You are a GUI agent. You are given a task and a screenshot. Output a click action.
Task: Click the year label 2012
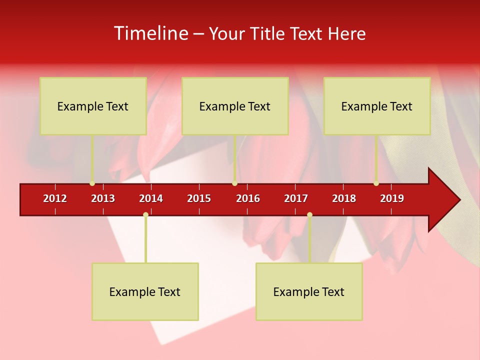[x=55, y=198]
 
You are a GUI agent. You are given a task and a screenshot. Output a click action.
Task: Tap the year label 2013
[x=103, y=198]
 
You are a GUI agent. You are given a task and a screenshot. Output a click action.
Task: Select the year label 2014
[x=151, y=198]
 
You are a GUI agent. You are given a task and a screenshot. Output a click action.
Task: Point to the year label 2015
[x=199, y=198]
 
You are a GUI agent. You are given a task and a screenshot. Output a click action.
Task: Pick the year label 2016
[x=248, y=198]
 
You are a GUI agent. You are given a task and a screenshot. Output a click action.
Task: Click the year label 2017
[x=296, y=198]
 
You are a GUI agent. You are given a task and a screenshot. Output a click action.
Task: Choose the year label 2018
[x=344, y=198]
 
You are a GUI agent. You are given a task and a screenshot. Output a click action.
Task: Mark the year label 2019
[x=392, y=198]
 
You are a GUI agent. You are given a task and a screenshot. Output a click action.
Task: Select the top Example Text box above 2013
[x=93, y=106]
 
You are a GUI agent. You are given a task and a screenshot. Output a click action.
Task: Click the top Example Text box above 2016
[x=235, y=106]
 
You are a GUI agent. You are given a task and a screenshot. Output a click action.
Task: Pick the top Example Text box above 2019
[x=377, y=106]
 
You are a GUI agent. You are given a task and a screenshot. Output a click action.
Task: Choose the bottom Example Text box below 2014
[x=145, y=291]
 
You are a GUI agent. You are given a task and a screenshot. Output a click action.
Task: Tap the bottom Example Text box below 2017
[x=309, y=291]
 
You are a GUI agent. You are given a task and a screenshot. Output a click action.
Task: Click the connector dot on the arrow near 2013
[x=92, y=183]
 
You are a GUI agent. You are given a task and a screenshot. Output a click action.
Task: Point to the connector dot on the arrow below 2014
[x=145, y=214]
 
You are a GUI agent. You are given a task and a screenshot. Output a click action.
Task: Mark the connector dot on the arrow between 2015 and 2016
[x=234, y=183]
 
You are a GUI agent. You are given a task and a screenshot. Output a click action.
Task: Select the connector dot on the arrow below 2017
[x=309, y=214]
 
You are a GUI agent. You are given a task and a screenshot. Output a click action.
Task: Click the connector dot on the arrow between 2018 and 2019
[x=376, y=183]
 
